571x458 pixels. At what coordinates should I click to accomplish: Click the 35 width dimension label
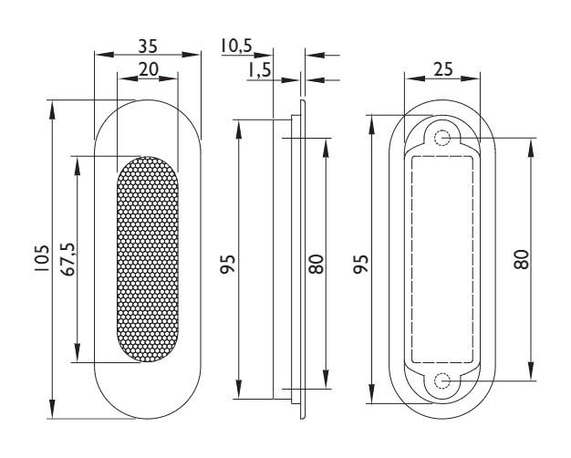coord(148,47)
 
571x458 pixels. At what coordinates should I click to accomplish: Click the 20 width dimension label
coord(149,68)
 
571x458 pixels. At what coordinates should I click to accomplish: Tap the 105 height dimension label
coord(42,258)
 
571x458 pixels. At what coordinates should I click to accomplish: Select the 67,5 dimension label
coord(67,259)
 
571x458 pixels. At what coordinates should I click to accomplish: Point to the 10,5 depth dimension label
coord(236,46)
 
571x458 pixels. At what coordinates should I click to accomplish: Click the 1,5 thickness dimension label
coord(259,69)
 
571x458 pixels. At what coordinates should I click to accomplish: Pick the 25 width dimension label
coord(443,68)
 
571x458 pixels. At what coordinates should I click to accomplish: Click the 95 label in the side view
coord(228,264)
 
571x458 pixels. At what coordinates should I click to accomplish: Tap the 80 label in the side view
coord(316,265)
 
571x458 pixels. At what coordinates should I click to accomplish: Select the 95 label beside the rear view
coord(361,264)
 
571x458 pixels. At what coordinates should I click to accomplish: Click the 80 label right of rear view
coord(521,259)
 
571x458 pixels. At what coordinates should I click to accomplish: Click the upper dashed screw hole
coord(442,138)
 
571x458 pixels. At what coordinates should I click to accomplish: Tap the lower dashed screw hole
coord(442,381)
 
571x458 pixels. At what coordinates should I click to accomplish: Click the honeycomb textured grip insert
coord(148,259)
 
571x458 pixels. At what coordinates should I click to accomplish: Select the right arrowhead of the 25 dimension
coord(470,78)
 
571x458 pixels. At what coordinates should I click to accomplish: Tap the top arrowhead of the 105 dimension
coord(52,110)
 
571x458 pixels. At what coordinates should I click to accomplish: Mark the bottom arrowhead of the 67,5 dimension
coord(77,352)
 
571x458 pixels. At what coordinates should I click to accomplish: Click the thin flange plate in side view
coord(303,259)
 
